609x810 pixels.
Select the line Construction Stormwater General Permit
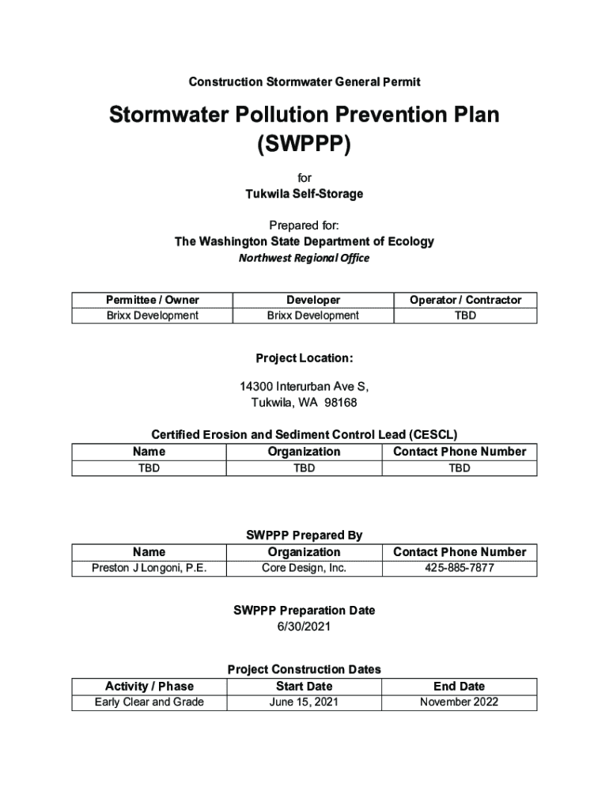click(304, 81)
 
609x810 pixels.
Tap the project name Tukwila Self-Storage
click(304, 193)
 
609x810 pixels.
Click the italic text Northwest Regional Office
click(304, 258)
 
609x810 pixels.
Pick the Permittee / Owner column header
click(153, 300)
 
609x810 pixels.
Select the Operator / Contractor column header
click(465, 300)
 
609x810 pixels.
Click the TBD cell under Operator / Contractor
click(465, 316)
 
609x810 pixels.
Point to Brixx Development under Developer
click(312, 316)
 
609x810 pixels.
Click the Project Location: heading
click(304, 358)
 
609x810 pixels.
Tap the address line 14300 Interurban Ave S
click(304, 387)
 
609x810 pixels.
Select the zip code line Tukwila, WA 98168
click(304, 403)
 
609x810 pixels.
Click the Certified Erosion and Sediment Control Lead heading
click(304, 435)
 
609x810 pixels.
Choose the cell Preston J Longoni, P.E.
click(149, 568)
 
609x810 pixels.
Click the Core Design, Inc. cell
click(304, 568)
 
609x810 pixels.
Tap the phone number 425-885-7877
click(459, 568)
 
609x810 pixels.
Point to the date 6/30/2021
click(304, 626)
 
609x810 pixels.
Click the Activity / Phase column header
click(149, 686)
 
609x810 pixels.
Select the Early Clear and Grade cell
click(149, 702)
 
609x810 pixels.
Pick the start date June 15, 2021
click(304, 702)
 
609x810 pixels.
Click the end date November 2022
click(459, 702)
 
